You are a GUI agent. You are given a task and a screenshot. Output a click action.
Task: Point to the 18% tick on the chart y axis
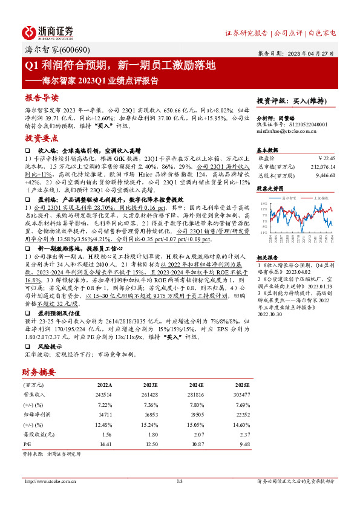click(265, 204)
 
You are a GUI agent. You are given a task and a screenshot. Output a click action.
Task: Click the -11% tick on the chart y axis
click(264, 232)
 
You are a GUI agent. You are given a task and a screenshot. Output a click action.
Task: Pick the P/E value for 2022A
click(105, 444)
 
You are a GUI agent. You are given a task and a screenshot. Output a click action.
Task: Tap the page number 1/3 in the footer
click(180, 481)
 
